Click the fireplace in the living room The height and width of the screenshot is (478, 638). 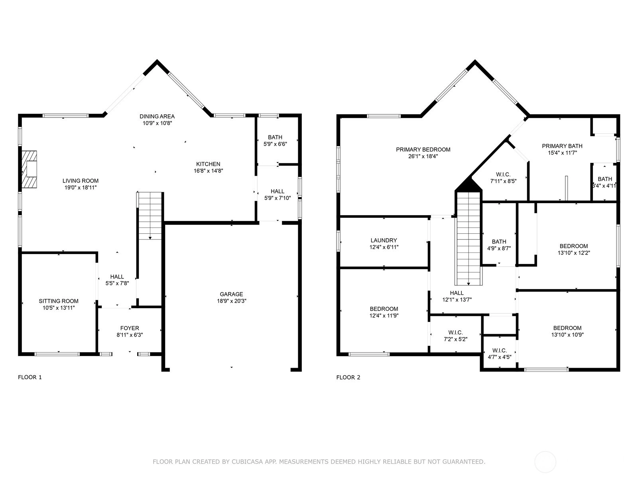point(30,169)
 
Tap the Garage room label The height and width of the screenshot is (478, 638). point(231,294)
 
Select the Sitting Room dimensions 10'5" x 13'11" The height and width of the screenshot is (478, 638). point(59,308)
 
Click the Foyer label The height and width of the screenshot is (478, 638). point(130,328)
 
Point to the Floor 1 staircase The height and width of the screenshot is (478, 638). point(150,216)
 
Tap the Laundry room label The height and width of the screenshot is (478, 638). point(384,240)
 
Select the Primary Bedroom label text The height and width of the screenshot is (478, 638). point(423,149)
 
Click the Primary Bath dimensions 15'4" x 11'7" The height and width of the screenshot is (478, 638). point(562,153)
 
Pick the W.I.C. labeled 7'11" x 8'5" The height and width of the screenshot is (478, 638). point(504,178)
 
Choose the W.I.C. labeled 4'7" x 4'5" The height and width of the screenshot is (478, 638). point(500,353)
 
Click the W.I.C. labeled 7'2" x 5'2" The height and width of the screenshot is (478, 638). point(455,335)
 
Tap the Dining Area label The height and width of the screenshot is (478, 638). point(157,116)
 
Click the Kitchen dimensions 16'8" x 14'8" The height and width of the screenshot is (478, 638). point(209,170)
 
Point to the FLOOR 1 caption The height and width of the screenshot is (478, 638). point(30,377)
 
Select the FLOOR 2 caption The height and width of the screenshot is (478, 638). point(348,377)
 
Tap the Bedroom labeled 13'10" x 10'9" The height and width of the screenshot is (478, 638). point(567,331)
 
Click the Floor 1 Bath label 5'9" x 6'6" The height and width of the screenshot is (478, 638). point(275,141)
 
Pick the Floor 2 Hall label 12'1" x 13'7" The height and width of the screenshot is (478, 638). point(457,296)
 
